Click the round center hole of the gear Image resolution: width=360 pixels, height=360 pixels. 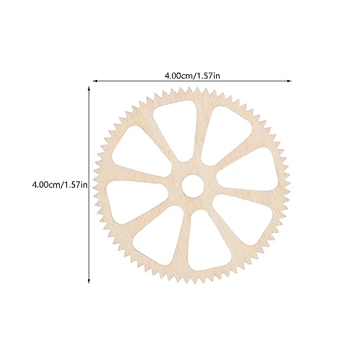[x=192, y=185]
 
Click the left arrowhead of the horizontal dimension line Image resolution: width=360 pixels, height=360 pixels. [x=93, y=81]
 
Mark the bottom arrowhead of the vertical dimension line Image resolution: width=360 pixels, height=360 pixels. [x=89, y=281]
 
